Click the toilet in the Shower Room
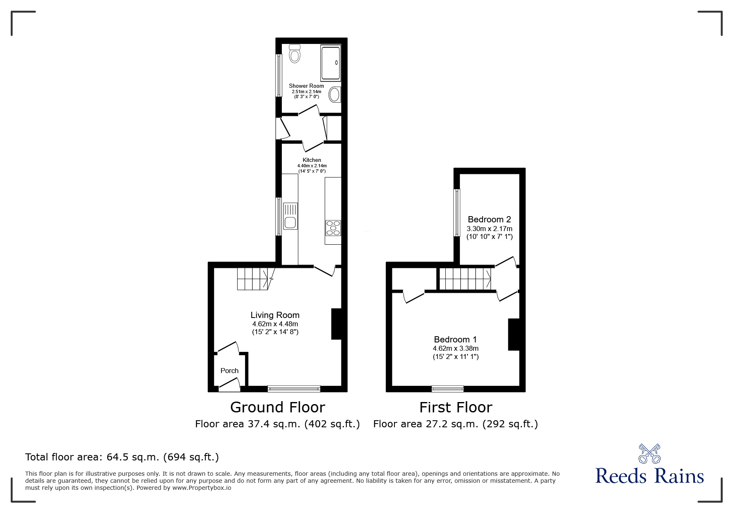click(295, 54)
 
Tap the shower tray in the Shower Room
click(331, 63)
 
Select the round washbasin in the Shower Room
click(334, 94)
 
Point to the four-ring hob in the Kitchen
click(333, 227)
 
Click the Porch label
click(229, 371)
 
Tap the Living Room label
click(275, 315)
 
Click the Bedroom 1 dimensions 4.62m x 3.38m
click(456, 349)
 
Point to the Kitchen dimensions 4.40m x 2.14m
click(312, 166)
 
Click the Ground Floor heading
click(277, 407)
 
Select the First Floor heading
click(456, 407)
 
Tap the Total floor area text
click(122, 457)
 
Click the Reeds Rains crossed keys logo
click(649, 454)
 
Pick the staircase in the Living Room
click(254, 279)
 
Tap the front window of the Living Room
click(294, 389)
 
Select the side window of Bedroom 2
click(457, 212)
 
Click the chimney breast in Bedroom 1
click(514, 335)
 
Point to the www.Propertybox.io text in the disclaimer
click(202, 488)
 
